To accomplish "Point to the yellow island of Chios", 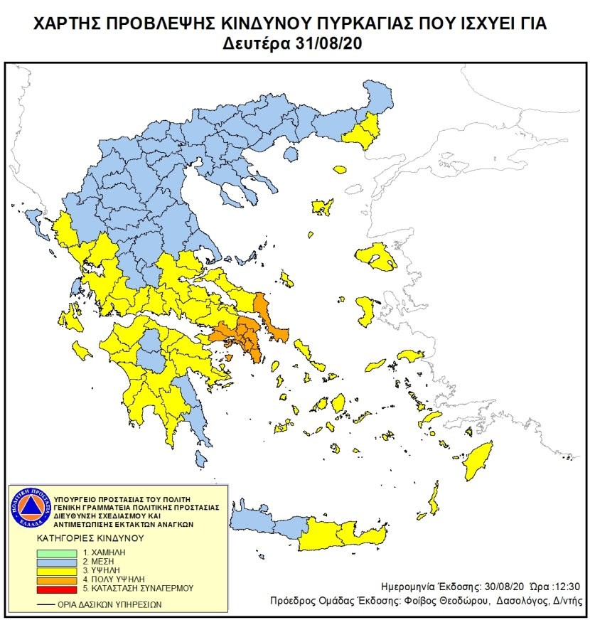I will pos(367,311).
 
